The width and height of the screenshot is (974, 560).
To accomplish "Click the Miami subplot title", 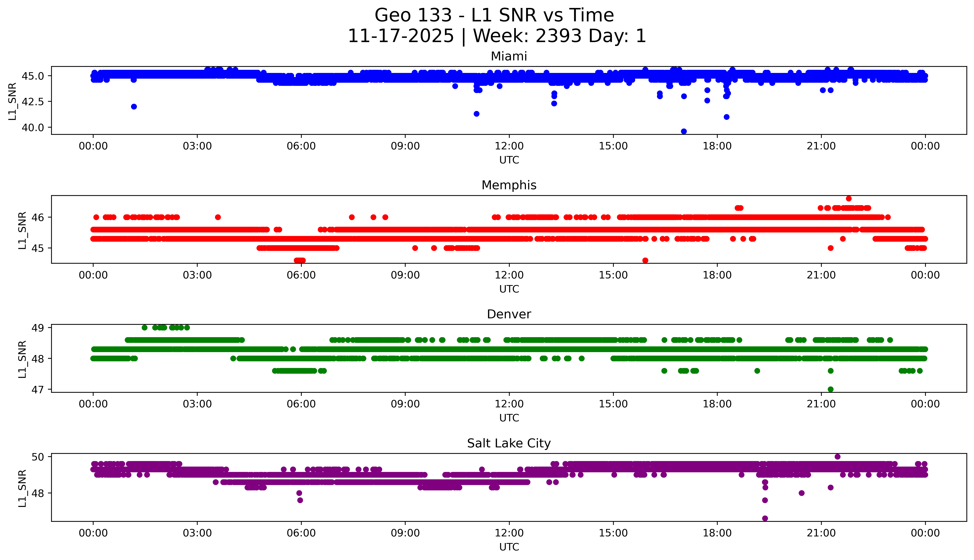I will tap(509, 56).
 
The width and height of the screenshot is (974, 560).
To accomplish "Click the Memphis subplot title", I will tap(509, 185).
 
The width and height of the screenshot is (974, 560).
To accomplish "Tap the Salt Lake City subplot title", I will tap(509, 443).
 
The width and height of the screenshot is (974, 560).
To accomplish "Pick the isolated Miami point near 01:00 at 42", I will tap(134, 107).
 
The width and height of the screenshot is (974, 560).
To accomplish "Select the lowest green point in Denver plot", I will tap(830, 389).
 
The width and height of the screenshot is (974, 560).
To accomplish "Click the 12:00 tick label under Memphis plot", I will tap(509, 275).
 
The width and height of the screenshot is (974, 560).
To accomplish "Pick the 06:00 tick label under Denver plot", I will tap(301, 404).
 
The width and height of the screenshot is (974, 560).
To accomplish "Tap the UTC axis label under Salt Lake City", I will tap(509, 547).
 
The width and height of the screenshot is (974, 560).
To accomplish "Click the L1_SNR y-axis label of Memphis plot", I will tap(22, 230).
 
